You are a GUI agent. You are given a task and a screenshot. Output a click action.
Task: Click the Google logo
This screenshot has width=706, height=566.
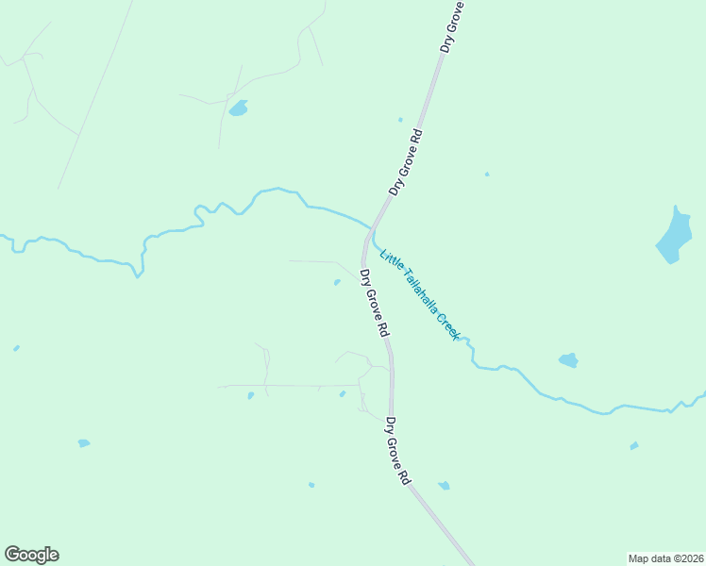click(31, 555)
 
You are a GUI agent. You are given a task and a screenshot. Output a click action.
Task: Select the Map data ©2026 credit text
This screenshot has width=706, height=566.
click(665, 558)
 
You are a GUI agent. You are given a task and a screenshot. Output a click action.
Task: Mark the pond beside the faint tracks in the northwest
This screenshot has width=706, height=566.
click(238, 108)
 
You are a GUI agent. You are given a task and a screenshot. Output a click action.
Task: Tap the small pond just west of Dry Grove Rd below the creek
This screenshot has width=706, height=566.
click(337, 282)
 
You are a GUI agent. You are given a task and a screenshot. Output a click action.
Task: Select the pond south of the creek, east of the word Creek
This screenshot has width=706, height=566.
click(568, 359)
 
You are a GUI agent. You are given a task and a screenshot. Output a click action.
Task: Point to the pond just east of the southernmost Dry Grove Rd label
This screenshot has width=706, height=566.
click(444, 486)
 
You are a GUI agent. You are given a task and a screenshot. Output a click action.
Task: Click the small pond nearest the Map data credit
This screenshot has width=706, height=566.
click(634, 445)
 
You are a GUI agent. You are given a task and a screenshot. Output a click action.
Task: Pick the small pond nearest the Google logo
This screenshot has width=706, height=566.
click(83, 442)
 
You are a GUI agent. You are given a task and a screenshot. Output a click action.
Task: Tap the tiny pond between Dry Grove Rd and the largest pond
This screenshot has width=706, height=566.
click(487, 174)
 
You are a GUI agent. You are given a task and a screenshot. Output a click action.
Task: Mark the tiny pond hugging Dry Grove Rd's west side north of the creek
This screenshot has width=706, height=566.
click(400, 120)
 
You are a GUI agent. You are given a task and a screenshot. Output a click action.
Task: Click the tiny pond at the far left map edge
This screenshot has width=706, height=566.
click(16, 348)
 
